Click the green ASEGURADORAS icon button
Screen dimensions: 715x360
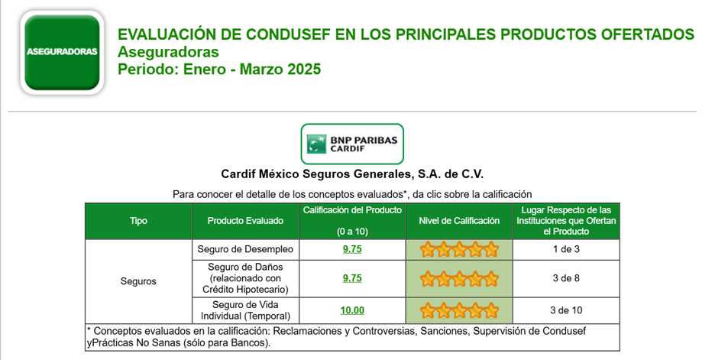point(62,52)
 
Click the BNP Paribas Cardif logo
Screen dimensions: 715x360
point(352,144)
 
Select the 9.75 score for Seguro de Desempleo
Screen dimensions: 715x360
point(352,249)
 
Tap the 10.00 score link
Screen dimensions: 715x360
point(352,310)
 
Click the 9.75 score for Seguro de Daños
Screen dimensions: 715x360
point(352,278)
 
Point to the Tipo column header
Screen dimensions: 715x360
point(138,221)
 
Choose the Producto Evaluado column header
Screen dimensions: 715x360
point(245,221)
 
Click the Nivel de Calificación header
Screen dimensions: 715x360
point(459,221)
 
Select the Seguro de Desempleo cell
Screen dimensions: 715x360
point(245,249)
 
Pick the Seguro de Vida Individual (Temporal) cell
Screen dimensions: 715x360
point(245,310)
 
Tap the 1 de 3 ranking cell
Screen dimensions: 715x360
point(566,249)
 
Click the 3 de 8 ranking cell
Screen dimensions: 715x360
point(566,278)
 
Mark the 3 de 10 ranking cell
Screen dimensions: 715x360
point(566,310)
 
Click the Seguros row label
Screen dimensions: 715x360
point(138,281)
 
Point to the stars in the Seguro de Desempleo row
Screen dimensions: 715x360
point(459,250)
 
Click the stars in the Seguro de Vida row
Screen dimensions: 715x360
point(459,311)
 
